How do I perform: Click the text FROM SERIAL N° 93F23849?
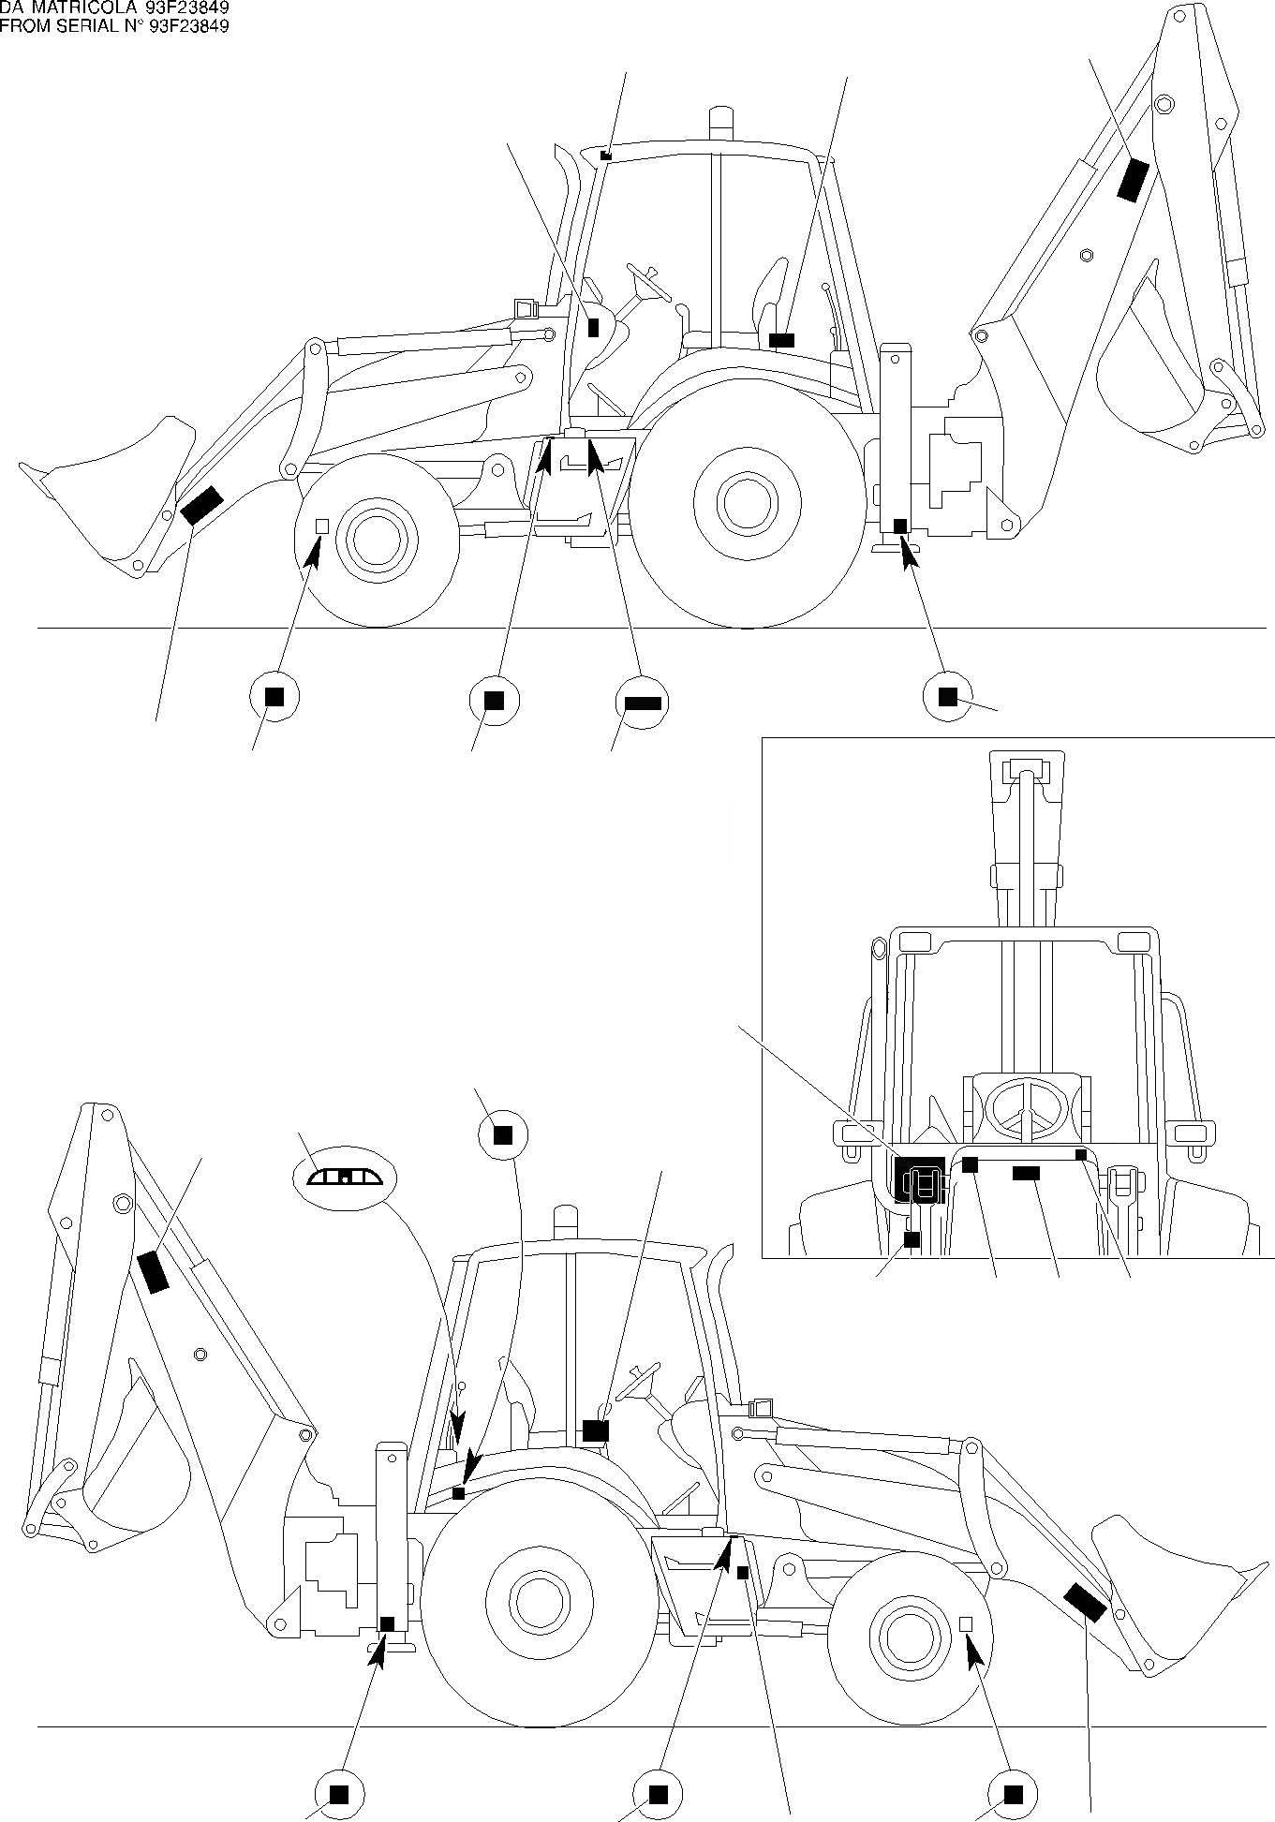[114, 26]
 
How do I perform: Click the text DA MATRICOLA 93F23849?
[114, 8]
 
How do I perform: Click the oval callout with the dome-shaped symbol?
[346, 1178]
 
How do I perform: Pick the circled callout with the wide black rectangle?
[643, 703]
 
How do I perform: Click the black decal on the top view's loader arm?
[201, 505]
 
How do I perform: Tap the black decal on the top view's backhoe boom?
[1134, 180]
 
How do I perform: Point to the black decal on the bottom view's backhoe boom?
[153, 1271]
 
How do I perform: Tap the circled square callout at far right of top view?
[947, 696]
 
